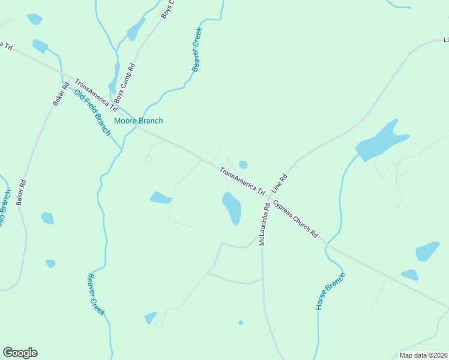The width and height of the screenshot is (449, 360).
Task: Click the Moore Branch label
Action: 138,121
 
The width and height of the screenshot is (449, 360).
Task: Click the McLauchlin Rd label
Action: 263,224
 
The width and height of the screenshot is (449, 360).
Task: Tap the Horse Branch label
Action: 331,291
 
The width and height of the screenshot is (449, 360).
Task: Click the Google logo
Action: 20,353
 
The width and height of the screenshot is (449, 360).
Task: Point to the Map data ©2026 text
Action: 423,355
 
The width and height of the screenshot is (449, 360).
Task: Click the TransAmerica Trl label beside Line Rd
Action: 242,180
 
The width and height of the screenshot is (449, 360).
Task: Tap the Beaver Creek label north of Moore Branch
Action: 197,50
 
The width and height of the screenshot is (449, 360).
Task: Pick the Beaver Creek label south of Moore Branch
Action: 96,294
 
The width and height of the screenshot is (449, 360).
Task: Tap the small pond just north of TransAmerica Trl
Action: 243,164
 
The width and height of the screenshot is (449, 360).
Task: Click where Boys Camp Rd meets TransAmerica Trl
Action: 118,109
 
